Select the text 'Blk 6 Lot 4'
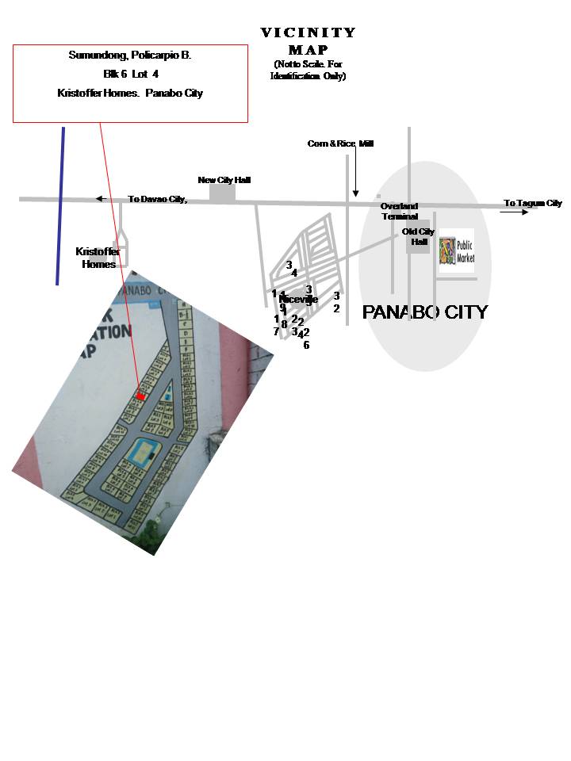(130, 75)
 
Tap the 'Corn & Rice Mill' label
(340, 143)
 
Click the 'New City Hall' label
(224, 180)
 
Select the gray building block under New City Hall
(223, 192)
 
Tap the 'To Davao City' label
(157, 199)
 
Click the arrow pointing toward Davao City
(100, 199)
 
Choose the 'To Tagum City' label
(532, 204)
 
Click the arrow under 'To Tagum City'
(514, 212)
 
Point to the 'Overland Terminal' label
(399, 212)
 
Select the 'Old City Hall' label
(418, 235)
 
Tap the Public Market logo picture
(457, 250)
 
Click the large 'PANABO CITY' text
(425, 312)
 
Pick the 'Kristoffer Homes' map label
(98, 258)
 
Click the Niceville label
(299, 300)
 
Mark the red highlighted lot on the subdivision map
(140, 396)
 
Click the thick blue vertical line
(60, 206)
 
